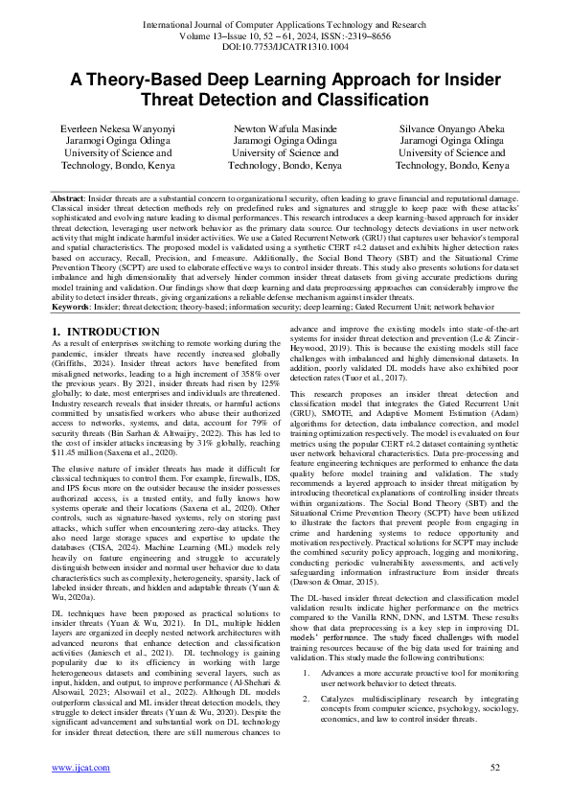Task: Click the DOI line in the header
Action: point(285,45)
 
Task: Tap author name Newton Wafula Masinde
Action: point(285,127)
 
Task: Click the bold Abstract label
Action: point(69,196)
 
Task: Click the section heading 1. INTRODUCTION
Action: point(104,332)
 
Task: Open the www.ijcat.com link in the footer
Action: point(80,794)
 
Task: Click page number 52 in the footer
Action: point(495,794)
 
